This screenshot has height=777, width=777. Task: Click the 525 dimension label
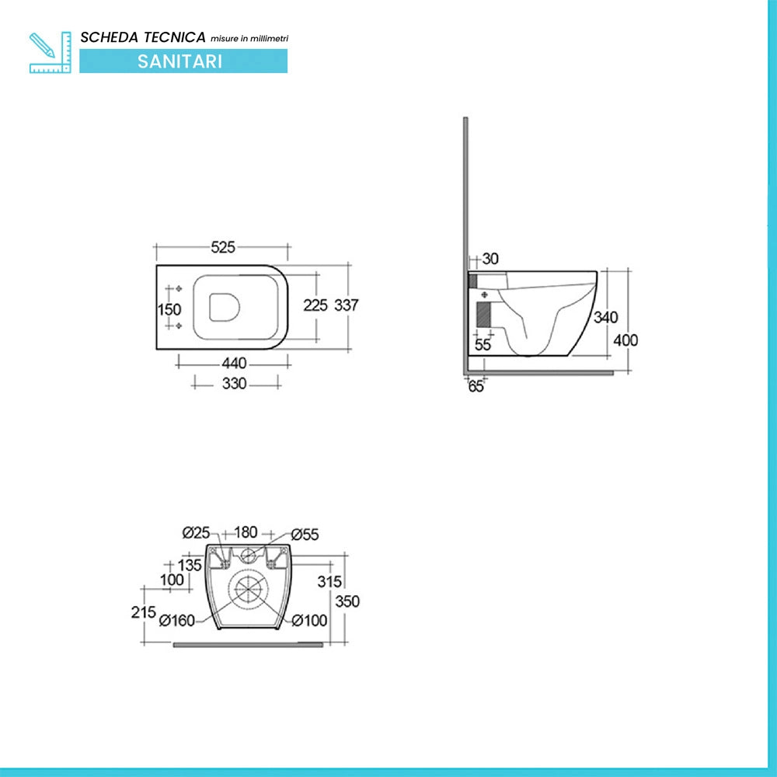tap(223, 247)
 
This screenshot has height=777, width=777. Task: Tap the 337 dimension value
tap(346, 305)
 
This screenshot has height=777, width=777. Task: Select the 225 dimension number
tap(315, 305)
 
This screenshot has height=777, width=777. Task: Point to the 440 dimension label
tap(234, 363)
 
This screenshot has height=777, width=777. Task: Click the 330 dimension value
tap(234, 384)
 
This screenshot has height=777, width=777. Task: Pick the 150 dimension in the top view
tap(169, 310)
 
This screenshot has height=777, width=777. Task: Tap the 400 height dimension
tap(625, 340)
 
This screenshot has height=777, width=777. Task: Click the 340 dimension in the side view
tap(605, 317)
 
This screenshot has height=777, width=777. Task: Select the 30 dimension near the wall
tap(490, 259)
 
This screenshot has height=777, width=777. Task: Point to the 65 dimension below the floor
tap(476, 386)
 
